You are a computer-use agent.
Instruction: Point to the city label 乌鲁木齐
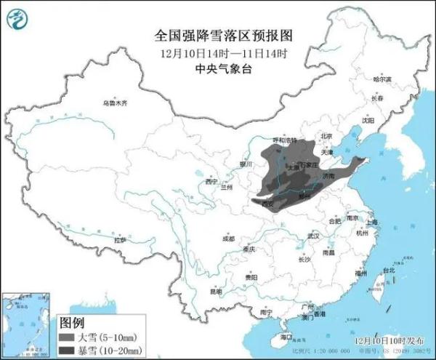114,103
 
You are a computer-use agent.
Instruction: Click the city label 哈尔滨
381,79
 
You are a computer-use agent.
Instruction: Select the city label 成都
228,238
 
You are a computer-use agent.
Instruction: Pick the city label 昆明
216,291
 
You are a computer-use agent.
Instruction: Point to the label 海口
286,337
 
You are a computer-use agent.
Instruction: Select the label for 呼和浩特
283,140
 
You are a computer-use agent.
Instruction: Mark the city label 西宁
211,180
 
